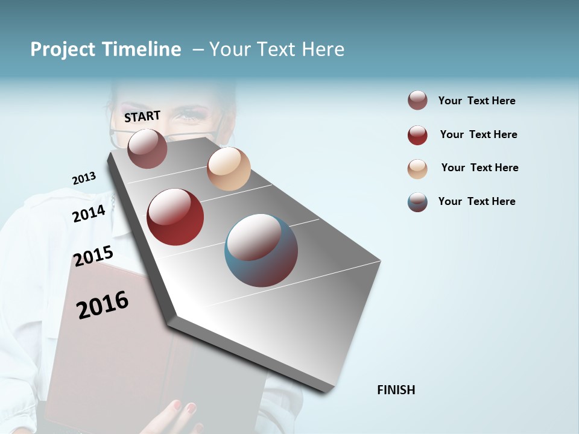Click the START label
pyautogui.click(x=142, y=116)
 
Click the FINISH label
pyautogui.click(x=396, y=390)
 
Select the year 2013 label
pyautogui.click(x=84, y=178)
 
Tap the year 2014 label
pyautogui.click(x=89, y=213)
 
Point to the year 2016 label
pyautogui.click(x=103, y=305)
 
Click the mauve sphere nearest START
pyautogui.click(x=147, y=148)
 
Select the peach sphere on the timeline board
pyautogui.click(x=229, y=169)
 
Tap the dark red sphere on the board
pyautogui.click(x=175, y=217)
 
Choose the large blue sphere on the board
pyautogui.click(x=261, y=250)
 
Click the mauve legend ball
pyautogui.click(x=417, y=101)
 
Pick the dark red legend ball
pyautogui.click(x=417, y=135)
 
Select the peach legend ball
pyautogui.click(x=417, y=169)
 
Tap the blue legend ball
pyautogui.click(x=417, y=202)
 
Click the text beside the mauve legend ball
pyautogui.click(x=476, y=101)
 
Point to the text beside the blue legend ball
pyautogui.click(x=476, y=201)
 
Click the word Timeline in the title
pyautogui.click(x=141, y=49)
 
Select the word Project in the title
pyautogui.click(x=62, y=49)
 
